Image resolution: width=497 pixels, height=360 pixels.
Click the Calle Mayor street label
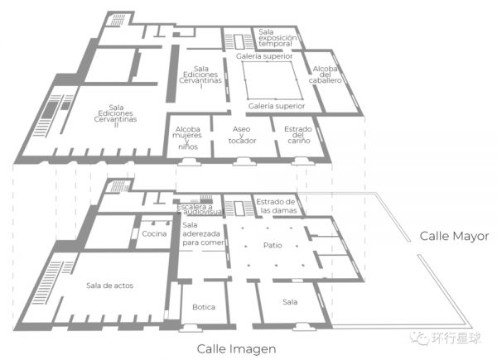[454, 237]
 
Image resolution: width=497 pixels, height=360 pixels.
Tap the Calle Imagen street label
[236, 349]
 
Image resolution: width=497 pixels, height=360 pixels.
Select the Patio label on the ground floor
[273, 246]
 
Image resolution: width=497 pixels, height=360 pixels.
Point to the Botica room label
[204, 307]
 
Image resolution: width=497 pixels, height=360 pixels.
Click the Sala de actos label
[109, 286]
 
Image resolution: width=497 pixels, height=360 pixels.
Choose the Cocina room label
[154, 233]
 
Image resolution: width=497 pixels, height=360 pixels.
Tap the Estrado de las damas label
[276, 206]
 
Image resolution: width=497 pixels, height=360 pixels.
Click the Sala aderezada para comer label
[203, 234]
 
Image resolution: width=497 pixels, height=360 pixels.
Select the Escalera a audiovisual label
[200, 209]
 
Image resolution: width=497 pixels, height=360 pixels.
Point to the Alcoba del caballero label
[326, 74]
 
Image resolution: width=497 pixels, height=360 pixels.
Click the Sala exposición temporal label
[277, 38]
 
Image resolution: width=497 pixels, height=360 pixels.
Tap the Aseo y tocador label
[242, 135]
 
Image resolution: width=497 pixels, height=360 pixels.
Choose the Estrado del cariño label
[298, 135]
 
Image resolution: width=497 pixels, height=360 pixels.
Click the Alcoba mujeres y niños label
[187, 138]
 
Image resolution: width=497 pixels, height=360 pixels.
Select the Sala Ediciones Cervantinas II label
[116, 116]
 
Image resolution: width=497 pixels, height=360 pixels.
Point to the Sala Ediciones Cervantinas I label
[200, 77]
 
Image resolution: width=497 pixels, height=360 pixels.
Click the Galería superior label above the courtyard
[264, 56]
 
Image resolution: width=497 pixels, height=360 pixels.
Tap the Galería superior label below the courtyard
[277, 106]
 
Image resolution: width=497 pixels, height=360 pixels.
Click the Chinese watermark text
[456, 338]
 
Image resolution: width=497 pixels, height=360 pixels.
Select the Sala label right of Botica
[290, 302]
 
